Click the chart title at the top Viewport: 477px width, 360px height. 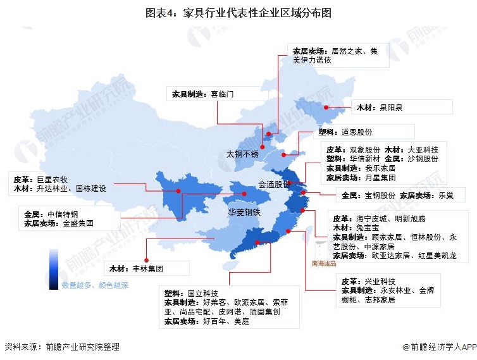(x=238, y=11)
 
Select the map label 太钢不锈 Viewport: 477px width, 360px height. (x=243, y=154)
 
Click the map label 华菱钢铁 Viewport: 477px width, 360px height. (x=244, y=213)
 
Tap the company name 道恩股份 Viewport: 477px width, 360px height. (x=357, y=132)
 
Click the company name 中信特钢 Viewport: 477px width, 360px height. (x=61, y=213)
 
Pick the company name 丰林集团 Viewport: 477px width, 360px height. (x=149, y=269)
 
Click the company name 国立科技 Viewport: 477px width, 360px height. (x=203, y=294)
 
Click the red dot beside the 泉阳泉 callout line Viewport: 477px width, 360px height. (x=326, y=108)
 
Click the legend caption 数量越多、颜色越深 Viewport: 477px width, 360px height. (x=95, y=285)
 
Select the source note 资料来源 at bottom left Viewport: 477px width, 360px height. (x=61, y=347)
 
